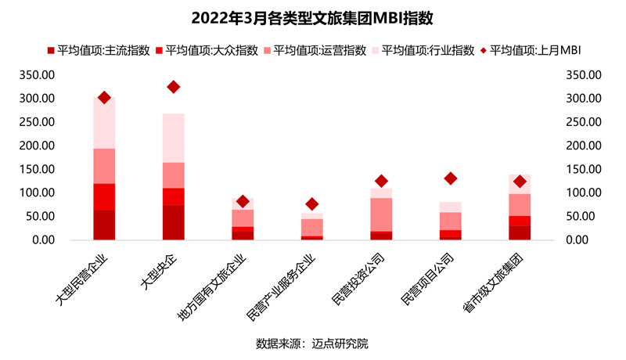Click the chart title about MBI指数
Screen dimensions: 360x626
coord(312,17)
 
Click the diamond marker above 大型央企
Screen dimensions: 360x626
coord(174,87)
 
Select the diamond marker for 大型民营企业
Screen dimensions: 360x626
coord(104,98)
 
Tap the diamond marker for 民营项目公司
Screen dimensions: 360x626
coord(450,178)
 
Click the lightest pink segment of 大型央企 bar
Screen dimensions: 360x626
coord(174,138)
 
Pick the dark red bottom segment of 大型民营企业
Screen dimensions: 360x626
coord(104,225)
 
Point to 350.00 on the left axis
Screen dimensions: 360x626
coord(37,75)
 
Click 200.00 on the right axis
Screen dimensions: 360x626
coord(582,146)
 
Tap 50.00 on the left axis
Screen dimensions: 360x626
coord(40,216)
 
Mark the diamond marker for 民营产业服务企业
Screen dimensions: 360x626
coord(311,204)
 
